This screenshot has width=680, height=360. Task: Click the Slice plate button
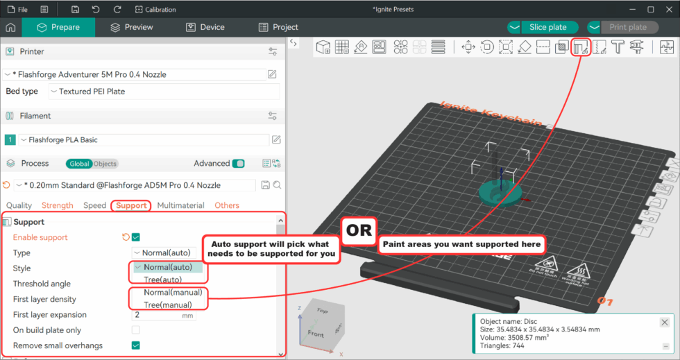coord(547,27)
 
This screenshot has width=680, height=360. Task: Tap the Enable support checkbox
coord(136,237)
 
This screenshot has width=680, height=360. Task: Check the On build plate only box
coord(136,330)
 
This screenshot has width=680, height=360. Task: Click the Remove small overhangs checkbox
coord(136,345)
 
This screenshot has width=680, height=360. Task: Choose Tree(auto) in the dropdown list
coord(163,280)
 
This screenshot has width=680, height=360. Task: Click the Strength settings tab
coord(58,205)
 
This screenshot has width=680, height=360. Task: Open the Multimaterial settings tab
coord(180,205)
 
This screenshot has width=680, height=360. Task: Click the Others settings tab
coord(227,205)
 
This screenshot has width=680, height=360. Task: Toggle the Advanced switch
coord(238,164)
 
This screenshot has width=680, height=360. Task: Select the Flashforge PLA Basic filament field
coord(142,140)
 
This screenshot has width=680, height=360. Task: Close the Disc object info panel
coord(665,323)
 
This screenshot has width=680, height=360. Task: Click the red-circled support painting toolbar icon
coord(581,47)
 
